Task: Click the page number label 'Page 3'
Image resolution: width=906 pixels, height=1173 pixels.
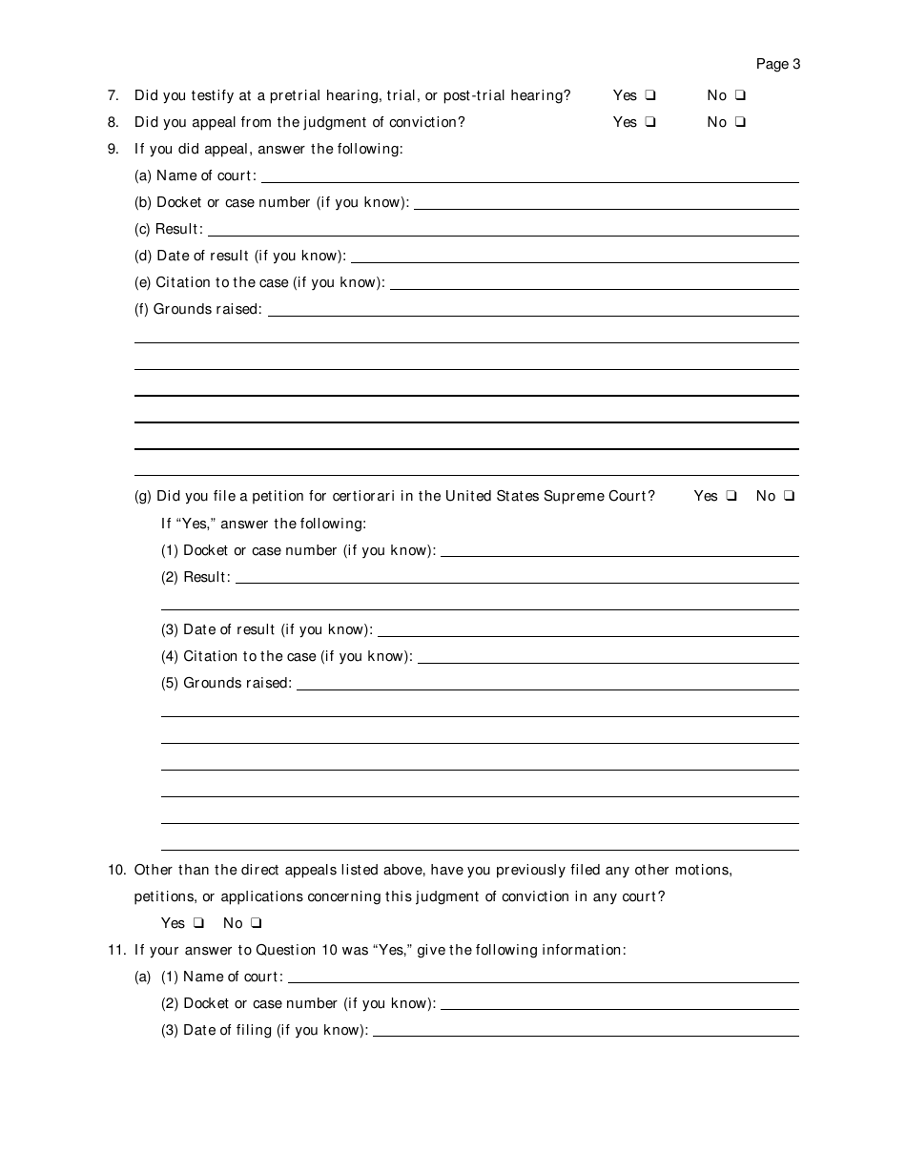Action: click(777, 64)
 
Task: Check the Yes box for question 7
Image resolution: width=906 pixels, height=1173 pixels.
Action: click(649, 95)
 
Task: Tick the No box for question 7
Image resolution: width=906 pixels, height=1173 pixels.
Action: click(740, 95)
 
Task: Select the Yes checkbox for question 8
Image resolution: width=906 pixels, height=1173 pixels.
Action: click(649, 122)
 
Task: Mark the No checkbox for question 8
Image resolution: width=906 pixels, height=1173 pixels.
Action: click(740, 122)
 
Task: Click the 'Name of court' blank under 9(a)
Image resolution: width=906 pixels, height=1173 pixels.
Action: click(529, 176)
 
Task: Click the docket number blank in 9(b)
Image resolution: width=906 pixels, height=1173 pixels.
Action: click(606, 203)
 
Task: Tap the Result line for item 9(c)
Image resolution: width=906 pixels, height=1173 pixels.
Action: click(503, 230)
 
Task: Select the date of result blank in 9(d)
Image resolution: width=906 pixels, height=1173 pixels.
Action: click(574, 257)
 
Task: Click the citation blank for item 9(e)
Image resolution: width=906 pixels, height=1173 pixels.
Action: click(593, 283)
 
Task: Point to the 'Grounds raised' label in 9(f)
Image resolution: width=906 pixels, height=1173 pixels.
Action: click(208, 309)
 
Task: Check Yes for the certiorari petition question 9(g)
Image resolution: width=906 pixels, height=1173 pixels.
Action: click(731, 496)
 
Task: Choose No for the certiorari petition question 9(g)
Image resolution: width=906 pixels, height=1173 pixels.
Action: click(789, 496)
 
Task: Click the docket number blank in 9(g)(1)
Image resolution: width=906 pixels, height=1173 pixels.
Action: click(619, 550)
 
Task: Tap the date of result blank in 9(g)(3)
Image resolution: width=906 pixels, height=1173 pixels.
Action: click(587, 630)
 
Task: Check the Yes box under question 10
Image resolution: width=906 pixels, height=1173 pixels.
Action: click(198, 923)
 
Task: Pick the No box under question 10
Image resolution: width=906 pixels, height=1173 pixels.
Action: click(256, 923)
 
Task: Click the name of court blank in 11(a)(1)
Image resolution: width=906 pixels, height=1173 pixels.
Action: click(543, 977)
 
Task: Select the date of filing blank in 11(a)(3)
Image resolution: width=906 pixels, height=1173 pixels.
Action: click(585, 1031)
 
